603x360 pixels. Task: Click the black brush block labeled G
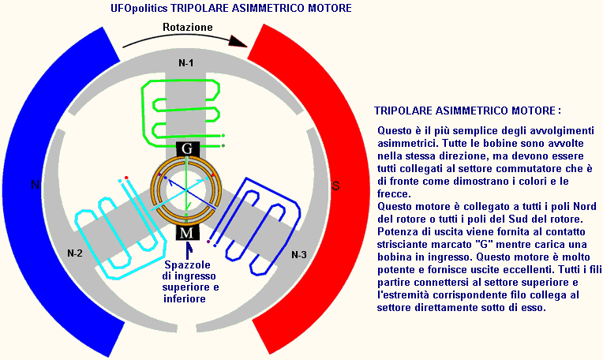coord(187,148)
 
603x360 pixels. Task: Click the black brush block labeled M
coord(187,232)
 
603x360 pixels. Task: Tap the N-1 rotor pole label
coord(186,62)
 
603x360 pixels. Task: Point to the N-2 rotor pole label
coord(75,253)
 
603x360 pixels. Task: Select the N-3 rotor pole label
coord(299,255)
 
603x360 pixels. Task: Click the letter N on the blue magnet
coord(35,185)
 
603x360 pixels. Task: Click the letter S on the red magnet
coord(335,186)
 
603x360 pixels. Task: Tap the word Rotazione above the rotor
coord(188,27)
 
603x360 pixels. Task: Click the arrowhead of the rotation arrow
coord(238,41)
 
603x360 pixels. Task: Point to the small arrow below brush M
coord(188,250)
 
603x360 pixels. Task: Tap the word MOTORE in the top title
coord(330,8)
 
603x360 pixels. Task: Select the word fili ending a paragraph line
coord(594,269)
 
